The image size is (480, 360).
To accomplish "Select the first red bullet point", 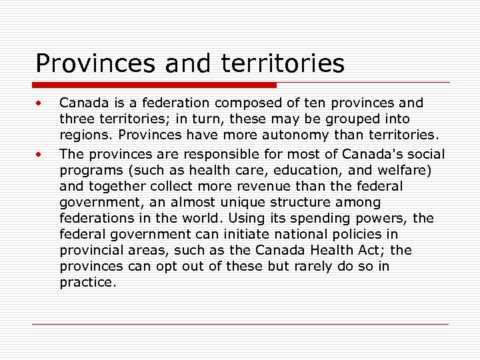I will pyautogui.click(x=40, y=104).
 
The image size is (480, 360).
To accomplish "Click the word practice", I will pyautogui.click(x=87, y=282).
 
